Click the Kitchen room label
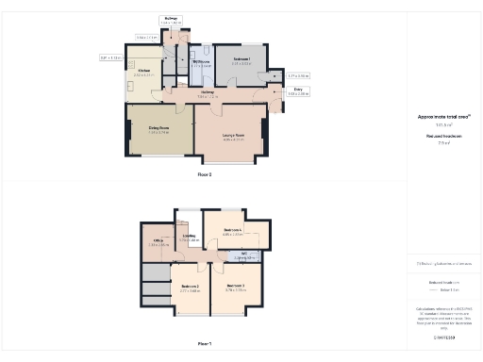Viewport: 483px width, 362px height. (144, 71)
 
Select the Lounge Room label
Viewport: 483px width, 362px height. (233, 135)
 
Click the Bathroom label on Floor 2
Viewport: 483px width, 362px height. (200, 61)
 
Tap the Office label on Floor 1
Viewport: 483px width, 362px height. (158, 240)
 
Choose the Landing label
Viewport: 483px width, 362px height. (189, 237)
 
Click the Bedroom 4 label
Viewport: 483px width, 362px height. (233, 230)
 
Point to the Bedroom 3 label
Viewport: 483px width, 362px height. (235, 285)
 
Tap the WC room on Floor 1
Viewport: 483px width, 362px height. (242, 253)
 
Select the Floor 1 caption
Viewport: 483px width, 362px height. (205, 344)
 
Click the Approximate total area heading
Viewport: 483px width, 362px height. (443, 117)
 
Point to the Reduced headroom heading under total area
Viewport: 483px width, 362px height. (443, 136)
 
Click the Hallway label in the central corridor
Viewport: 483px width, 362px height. (207, 91)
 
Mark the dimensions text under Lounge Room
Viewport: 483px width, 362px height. (233, 140)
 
